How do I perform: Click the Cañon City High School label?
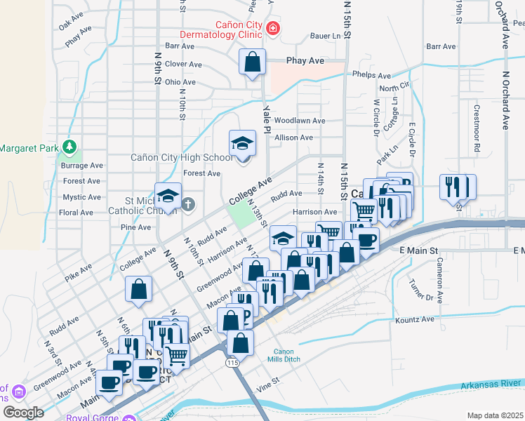[181, 157]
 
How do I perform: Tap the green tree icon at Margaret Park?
[69, 147]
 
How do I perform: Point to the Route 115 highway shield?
[232, 362]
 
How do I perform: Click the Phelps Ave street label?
[372, 75]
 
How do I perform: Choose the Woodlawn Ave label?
[300, 121]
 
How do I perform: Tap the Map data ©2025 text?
[495, 415]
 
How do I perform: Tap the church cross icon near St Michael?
[187, 204]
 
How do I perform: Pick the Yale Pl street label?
[267, 119]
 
